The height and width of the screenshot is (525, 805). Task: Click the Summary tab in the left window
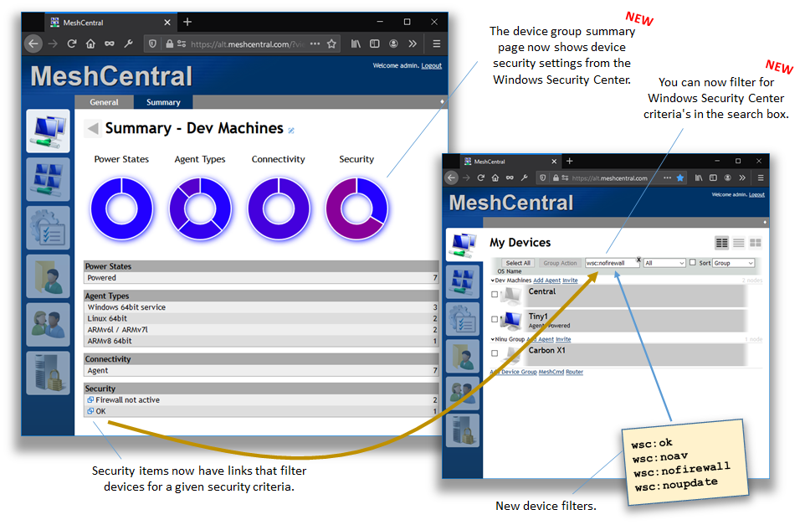click(x=163, y=102)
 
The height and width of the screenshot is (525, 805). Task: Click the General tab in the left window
click(x=105, y=102)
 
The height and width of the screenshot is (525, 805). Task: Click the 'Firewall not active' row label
click(x=127, y=400)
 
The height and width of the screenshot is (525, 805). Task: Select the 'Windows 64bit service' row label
click(x=126, y=307)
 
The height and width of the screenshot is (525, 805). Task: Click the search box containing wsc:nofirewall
click(x=611, y=263)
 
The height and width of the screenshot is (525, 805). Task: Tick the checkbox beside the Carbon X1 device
click(x=495, y=353)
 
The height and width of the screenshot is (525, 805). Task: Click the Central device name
click(x=542, y=291)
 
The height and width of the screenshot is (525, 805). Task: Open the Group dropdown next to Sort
click(x=733, y=263)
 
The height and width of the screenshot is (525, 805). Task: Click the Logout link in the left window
click(x=432, y=65)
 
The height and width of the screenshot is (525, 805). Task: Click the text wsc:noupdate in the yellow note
click(x=675, y=484)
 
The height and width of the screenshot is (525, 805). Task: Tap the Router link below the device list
click(x=575, y=372)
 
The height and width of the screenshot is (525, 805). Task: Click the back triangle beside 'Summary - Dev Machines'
click(x=93, y=128)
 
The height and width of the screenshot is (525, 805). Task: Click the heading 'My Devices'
click(x=520, y=243)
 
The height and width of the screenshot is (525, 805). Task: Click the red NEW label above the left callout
click(x=639, y=18)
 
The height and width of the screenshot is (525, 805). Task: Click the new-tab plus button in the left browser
click(x=187, y=22)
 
